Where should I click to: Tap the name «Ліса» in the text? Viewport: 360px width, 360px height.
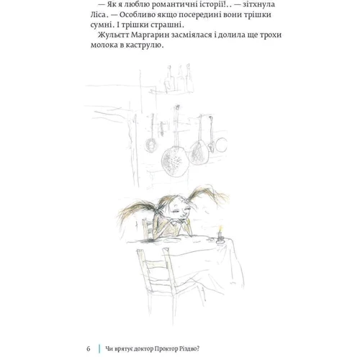click(x=98, y=14)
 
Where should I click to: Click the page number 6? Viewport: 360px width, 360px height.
click(x=89, y=348)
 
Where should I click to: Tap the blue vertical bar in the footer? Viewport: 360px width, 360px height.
click(x=99, y=348)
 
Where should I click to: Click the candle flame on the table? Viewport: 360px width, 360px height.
click(x=220, y=228)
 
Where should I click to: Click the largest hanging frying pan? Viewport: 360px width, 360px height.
click(x=175, y=162)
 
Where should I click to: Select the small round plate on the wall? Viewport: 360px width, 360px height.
click(x=221, y=145)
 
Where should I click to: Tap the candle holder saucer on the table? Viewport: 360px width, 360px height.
click(x=220, y=241)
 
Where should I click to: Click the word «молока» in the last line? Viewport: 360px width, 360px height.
click(x=104, y=45)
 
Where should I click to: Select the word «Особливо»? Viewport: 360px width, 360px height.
click(x=136, y=15)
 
